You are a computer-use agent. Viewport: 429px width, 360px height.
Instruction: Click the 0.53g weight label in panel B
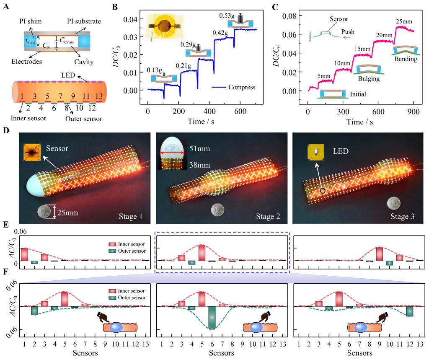pyautogui.click(x=227, y=16)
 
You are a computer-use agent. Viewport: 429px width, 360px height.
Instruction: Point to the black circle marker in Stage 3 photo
pyautogui.click(x=323, y=191)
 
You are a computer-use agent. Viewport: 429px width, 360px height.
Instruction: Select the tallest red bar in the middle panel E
pyautogui.click(x=202, y=252)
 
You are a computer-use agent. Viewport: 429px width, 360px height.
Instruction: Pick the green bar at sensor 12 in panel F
pyautogui.click(x=410, y=311)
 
